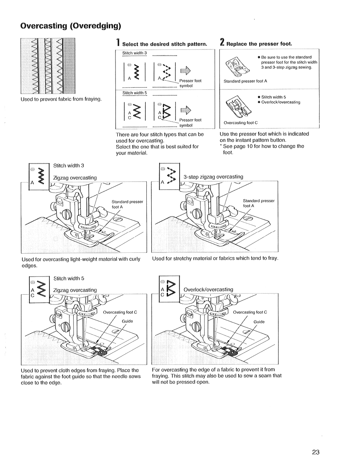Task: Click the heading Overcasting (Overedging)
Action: point(71,26)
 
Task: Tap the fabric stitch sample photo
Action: point(48,66)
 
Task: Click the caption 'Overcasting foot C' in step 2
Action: point(240,123)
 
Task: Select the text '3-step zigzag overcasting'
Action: point(213,177)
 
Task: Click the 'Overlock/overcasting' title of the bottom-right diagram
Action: point(208,289)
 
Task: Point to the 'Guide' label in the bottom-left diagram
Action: point(127,321)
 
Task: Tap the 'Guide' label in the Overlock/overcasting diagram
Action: point(259,322)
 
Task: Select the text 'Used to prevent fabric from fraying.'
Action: point(62,99)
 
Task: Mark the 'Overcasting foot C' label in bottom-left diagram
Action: point(120,312)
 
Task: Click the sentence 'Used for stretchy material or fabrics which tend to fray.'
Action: point(215,258)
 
